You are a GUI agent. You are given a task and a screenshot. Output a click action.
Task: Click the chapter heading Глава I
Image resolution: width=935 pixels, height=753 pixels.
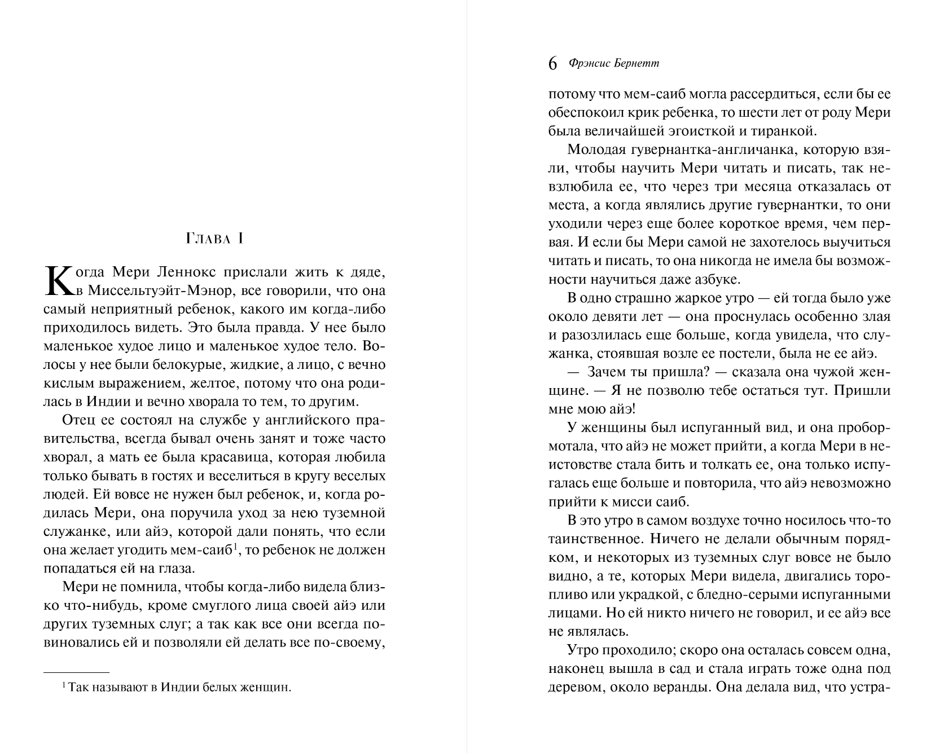(x=214, y=239)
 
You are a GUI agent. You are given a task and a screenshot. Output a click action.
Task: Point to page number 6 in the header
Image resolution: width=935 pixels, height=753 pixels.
(x=552, y=64)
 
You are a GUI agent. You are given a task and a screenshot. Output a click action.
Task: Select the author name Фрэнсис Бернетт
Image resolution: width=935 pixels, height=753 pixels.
(x=614, y=64)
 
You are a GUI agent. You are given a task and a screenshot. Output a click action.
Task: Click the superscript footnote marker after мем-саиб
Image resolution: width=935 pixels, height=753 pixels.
(x=235, y=546)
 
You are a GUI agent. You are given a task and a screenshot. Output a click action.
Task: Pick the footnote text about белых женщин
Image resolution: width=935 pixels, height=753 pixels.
(x=179, y=688)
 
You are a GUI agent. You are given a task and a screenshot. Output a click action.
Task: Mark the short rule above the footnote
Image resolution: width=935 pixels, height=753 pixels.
(x=76, y=672)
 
